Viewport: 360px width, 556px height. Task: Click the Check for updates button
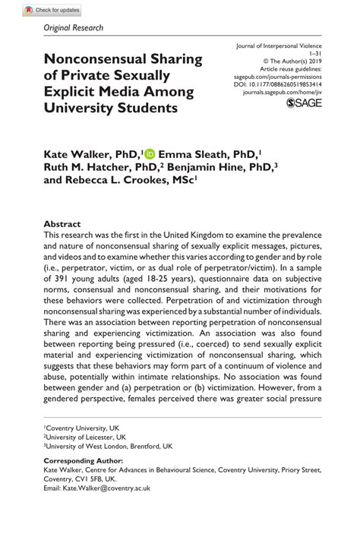(x=52, y=11)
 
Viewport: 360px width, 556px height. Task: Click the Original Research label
(x=74, y=28)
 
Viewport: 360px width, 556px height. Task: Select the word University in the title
(x=80, y=107)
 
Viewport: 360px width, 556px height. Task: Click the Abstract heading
(x=62, y=225)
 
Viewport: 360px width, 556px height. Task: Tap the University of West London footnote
(x=107, y=447)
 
